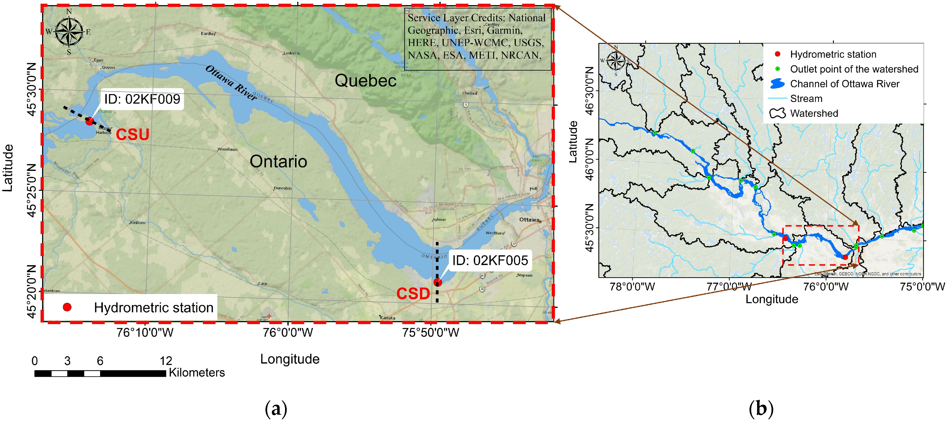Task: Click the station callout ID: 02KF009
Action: point(142,99)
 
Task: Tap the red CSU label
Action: point(132,135)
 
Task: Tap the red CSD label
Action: point(413,293)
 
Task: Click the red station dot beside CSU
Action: point(89,121)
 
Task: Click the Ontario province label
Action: point(278,162)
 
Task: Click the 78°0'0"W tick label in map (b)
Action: point(632,287)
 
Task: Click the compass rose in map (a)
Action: point(69,32)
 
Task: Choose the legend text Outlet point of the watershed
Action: point(854,69)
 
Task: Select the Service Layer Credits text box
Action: point(477,39)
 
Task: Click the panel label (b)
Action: point(761,409)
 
